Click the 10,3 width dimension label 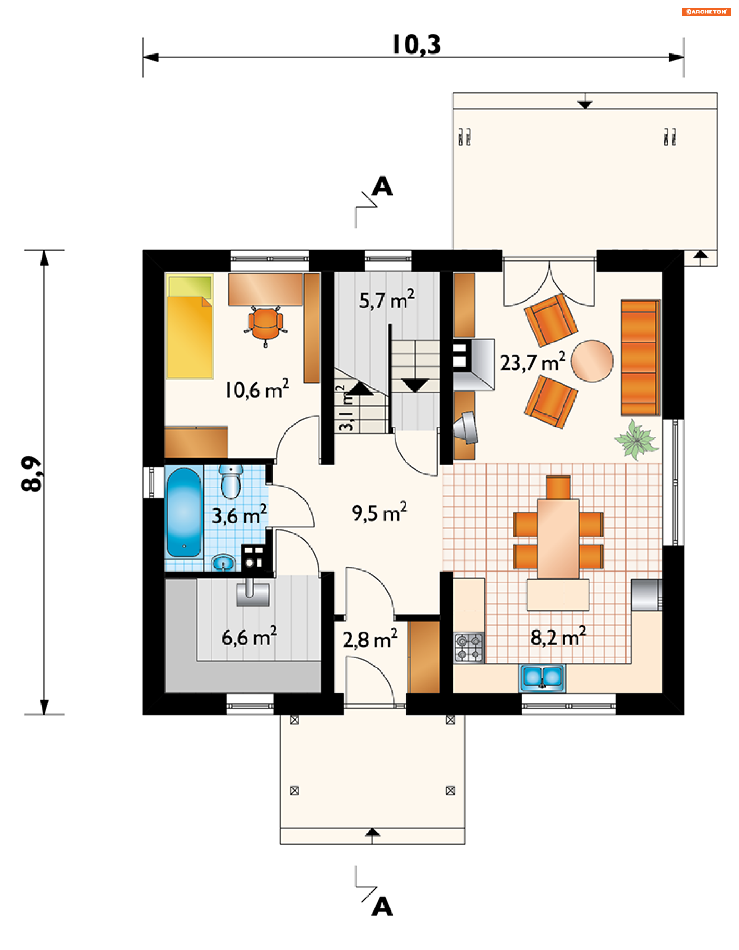pyautogui.click(x=416, y=45)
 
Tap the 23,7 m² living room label pyautogui.click(x=532, y=362)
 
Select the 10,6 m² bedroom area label pyautogui.click(x=257, y=389)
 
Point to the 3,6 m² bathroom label pyautogui.click(x=239, y=515)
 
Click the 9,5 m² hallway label pyautogui.click(x=379, y=512)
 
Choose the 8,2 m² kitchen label pyautogui.click(x=558, y=637)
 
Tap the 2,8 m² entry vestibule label pyautogui.click(x=370, y=639)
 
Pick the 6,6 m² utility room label pyautogui.click(x=249, y=637)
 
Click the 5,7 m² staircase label pyautogui.click(x=386, y=299)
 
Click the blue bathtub pyautogui.click(x=184, y=512)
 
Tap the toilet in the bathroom pyautogui.click(x=231, y=482)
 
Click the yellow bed pyautogui.click(x=190, y=326)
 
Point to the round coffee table pyautogui.click(x=592, y=361)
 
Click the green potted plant pyautogui.click(x=636, y=439)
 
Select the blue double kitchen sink pyautogui.click(x=543, y=677)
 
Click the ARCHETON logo pyautogui.click(x=706, y=12)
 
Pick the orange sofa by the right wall pyautogui.click(x=640, y=357)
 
